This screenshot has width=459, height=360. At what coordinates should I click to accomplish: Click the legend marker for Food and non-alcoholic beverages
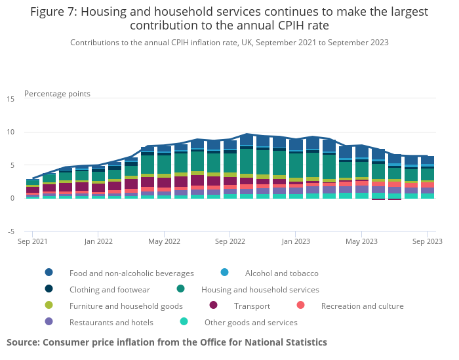coord(49,273)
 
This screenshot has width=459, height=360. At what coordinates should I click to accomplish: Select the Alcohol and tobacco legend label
coord(281,273)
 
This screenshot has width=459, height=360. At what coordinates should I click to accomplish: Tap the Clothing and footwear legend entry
coord(110,289)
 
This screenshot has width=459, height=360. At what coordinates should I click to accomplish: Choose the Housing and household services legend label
coord(260,289)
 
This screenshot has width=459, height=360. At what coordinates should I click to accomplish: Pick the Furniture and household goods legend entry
coord(126,306)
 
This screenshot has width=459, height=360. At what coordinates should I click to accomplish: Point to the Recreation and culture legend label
coord(362,306)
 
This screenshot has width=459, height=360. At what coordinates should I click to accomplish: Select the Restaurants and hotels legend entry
coord(111,322)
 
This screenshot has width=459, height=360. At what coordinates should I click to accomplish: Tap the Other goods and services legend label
coord(250,322)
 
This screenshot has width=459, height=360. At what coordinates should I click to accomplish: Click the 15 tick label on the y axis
coord(10,99)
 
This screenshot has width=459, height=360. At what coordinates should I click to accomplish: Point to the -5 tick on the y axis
coord(10,231)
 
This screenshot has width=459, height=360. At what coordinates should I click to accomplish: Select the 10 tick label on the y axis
coord(10,132)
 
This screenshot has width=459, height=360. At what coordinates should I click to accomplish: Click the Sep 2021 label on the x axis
coord(33,242)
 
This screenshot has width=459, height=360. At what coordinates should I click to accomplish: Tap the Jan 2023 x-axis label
coord(296,242)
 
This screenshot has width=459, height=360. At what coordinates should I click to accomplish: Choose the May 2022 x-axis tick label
coord(164,242)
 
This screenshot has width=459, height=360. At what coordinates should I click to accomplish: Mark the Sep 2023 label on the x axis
coord(427,242)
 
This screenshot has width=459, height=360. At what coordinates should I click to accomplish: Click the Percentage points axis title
coord(57,94)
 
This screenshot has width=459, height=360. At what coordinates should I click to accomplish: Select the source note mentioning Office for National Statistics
coord(167,342)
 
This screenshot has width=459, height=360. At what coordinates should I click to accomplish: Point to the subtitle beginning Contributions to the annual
coord(229,43)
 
